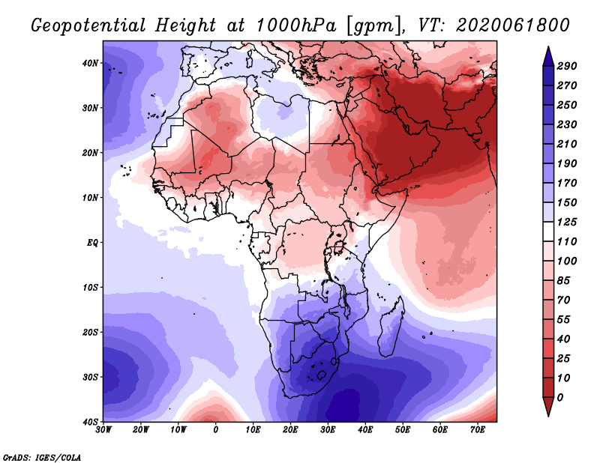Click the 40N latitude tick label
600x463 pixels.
tap(90, 63)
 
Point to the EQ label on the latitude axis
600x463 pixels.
tap(92, 243)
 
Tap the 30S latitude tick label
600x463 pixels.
tap(90, 377)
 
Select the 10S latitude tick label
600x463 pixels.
tap(90, 288)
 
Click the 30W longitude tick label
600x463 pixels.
tap(103, 430)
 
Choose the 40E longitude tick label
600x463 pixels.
tap(365, 430)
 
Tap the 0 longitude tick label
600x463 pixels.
tap(216, 430)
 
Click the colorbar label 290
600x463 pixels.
tap(567, 67)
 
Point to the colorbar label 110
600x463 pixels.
tap(567, 240)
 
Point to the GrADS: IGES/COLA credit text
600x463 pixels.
tap(42, 457)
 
